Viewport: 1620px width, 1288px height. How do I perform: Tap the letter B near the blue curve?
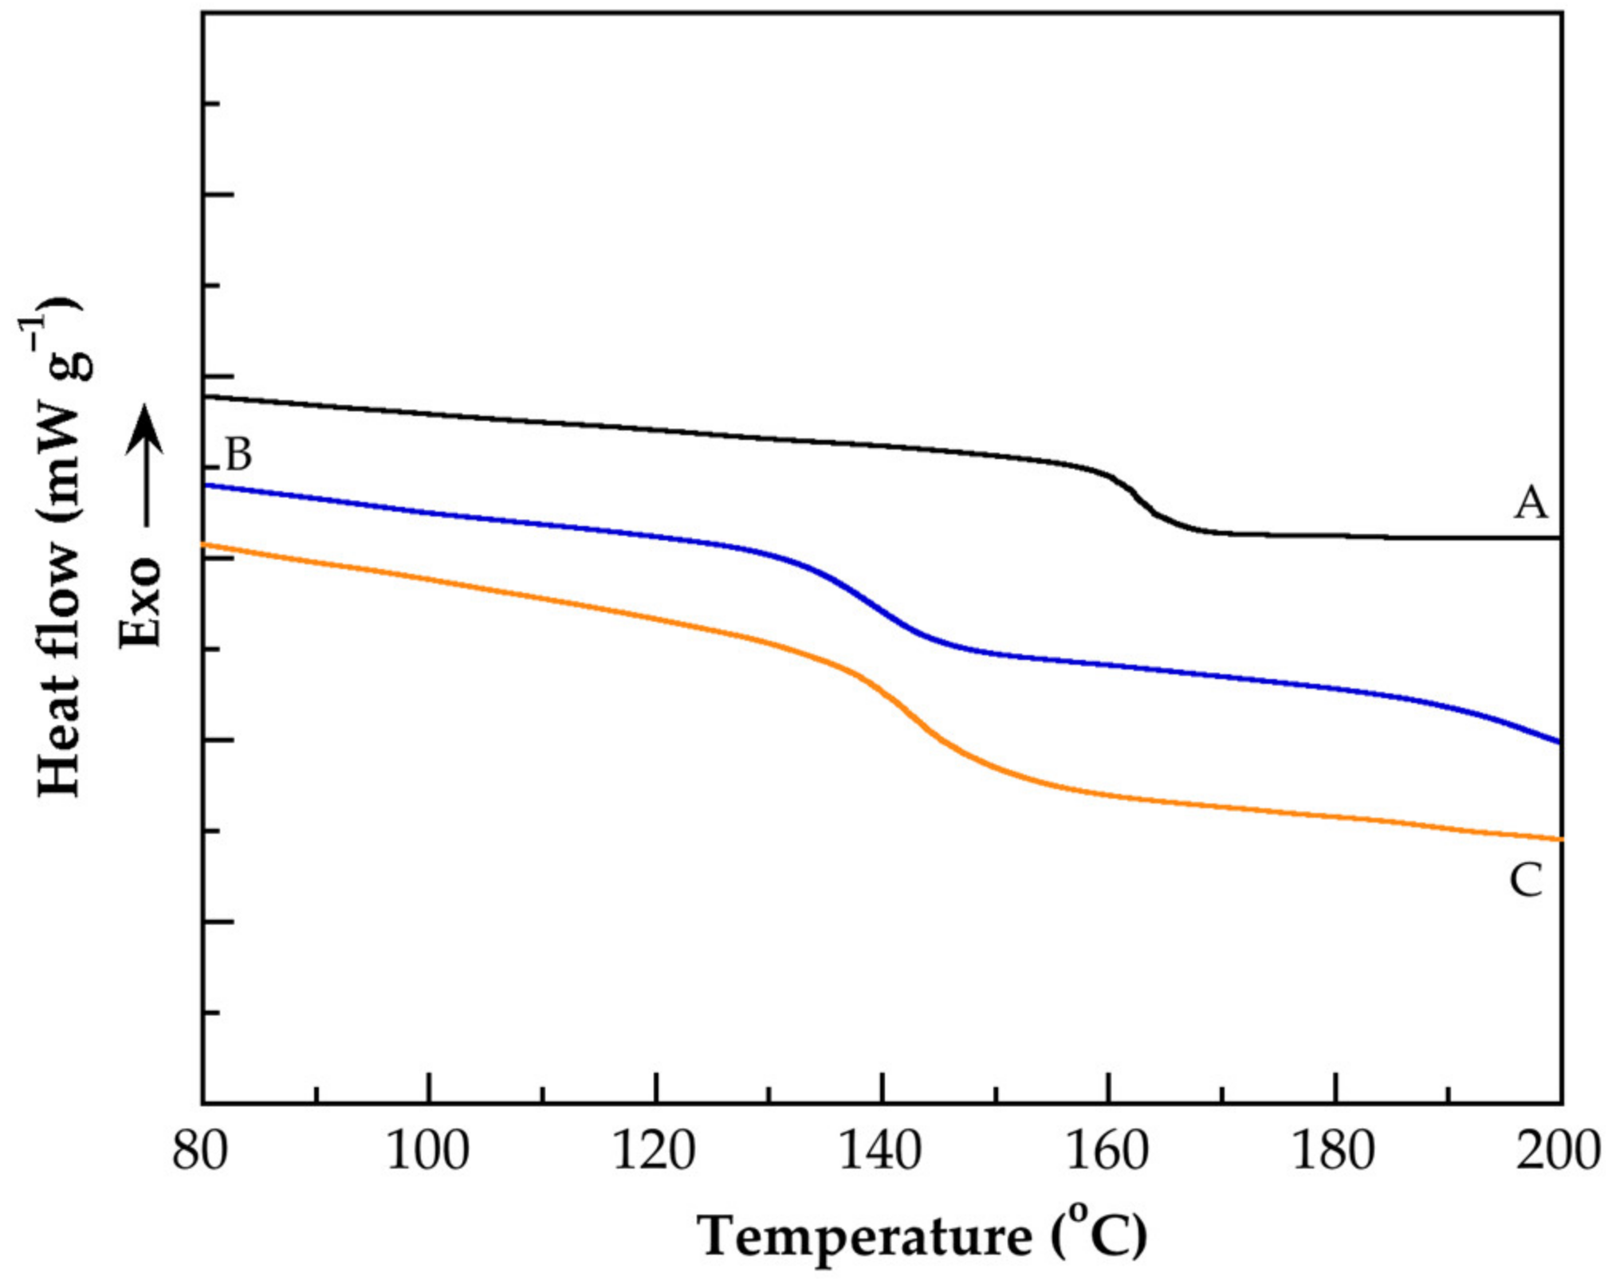point(238,455)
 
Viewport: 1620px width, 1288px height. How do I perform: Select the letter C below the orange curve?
point(1526,882)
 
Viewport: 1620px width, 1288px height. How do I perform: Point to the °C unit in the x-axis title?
point(1104,1235)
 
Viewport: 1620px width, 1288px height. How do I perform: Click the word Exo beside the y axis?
point(141,602)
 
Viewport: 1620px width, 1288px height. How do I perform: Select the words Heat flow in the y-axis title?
point(61,670)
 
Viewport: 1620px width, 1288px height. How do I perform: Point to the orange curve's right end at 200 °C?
point(1559,839)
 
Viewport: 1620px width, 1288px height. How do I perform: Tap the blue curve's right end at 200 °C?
point(1559,741)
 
